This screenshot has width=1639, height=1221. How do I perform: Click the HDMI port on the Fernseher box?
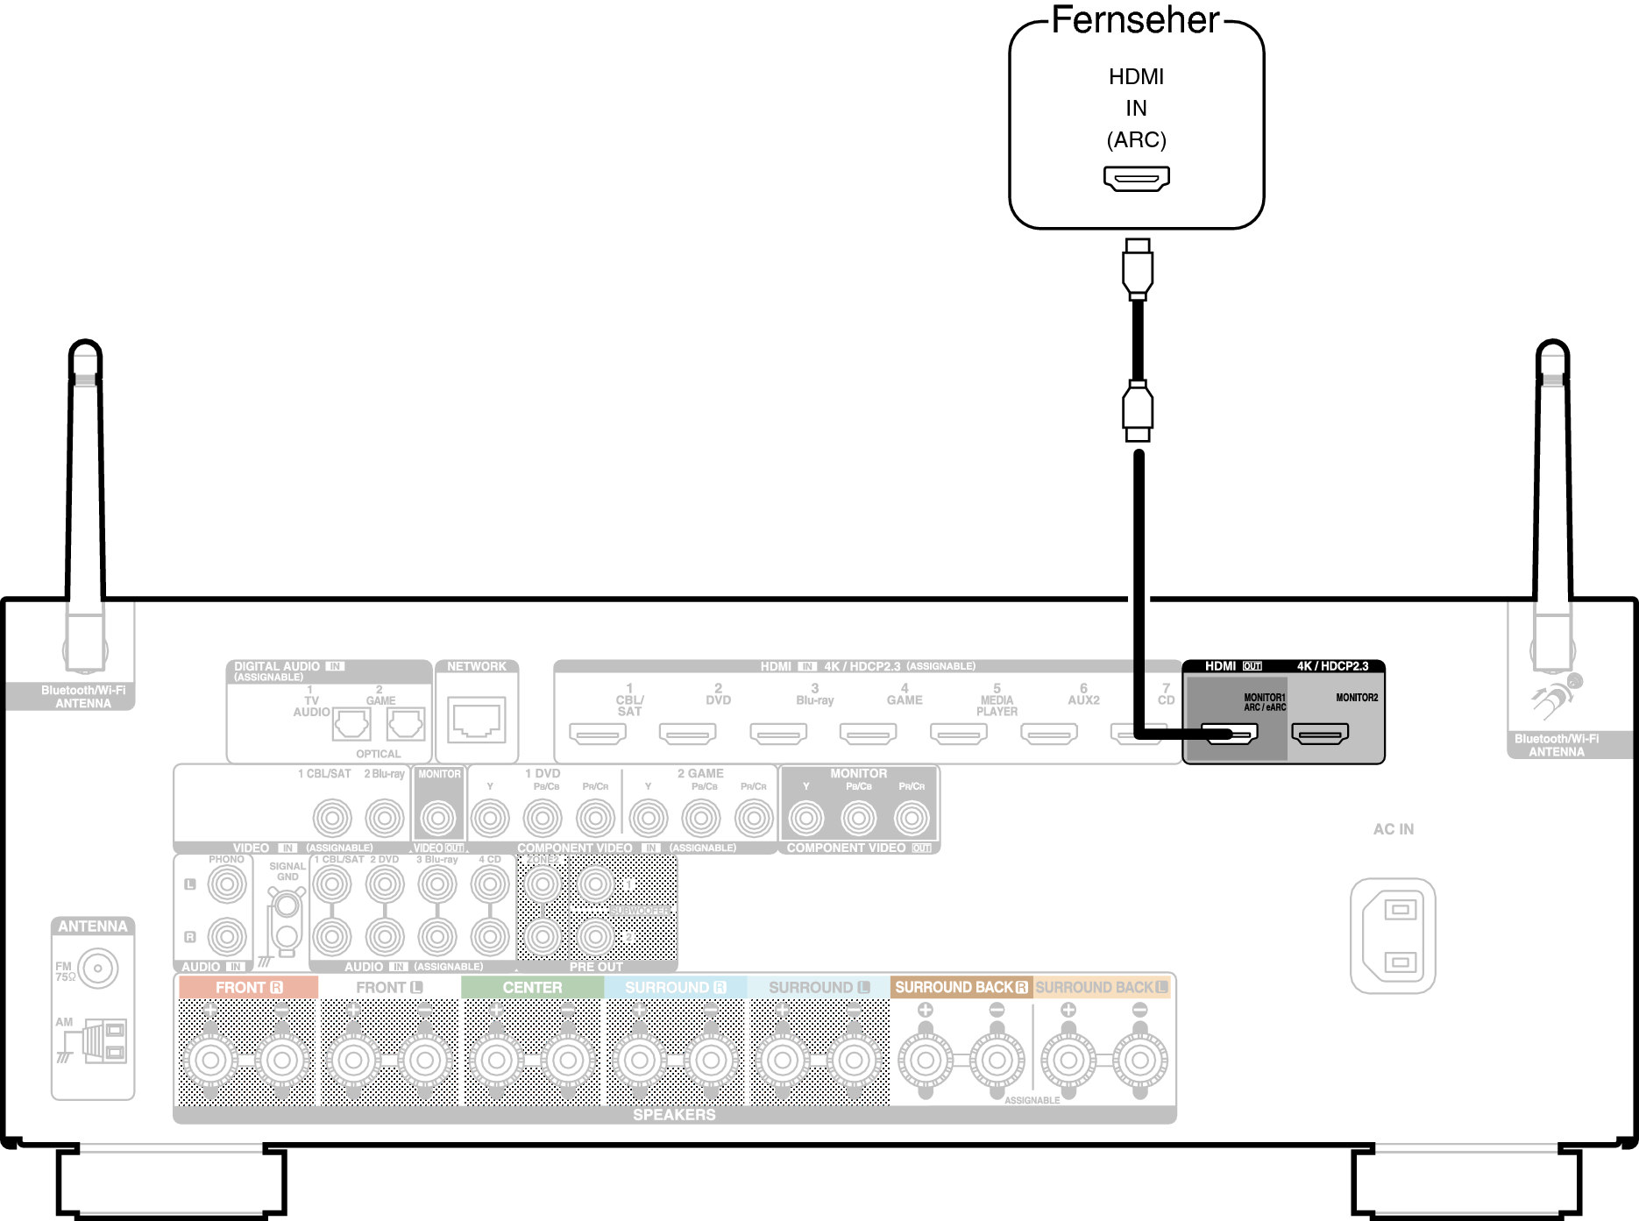click(x=1136, y=179)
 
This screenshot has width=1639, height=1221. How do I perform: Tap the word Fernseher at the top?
click(x=1135, y=21)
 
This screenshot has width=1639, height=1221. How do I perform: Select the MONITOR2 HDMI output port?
click(x=1320, y=733)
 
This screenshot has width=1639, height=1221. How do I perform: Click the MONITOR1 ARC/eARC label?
click(x=1264, y=702)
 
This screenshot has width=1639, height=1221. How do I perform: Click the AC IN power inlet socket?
click(x=1393, y=935)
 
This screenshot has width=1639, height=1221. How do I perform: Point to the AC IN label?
click(x=1393, y=829)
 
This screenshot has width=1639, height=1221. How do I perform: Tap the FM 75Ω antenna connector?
click(x=97, y=969)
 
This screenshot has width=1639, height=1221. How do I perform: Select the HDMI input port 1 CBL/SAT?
click(x=598, y=733)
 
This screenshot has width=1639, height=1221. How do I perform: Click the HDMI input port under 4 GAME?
click(x=868, y=733)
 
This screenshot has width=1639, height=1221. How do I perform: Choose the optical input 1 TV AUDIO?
click(x=351, y=724)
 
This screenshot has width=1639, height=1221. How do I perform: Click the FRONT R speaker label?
click(x=248, y=987)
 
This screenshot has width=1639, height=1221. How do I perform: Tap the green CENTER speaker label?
click(x=532, y=987)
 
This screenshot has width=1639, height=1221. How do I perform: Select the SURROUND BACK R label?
click(x=961, y=987)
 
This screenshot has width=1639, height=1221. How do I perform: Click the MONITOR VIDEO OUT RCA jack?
click(x=438, y=819)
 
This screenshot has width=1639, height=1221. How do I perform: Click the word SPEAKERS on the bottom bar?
click(x=674, y=1115)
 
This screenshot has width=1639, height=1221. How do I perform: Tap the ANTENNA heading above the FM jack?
click(x=93, y=926)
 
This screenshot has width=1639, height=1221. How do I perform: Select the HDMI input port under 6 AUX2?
click(x=1049, y=733)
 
